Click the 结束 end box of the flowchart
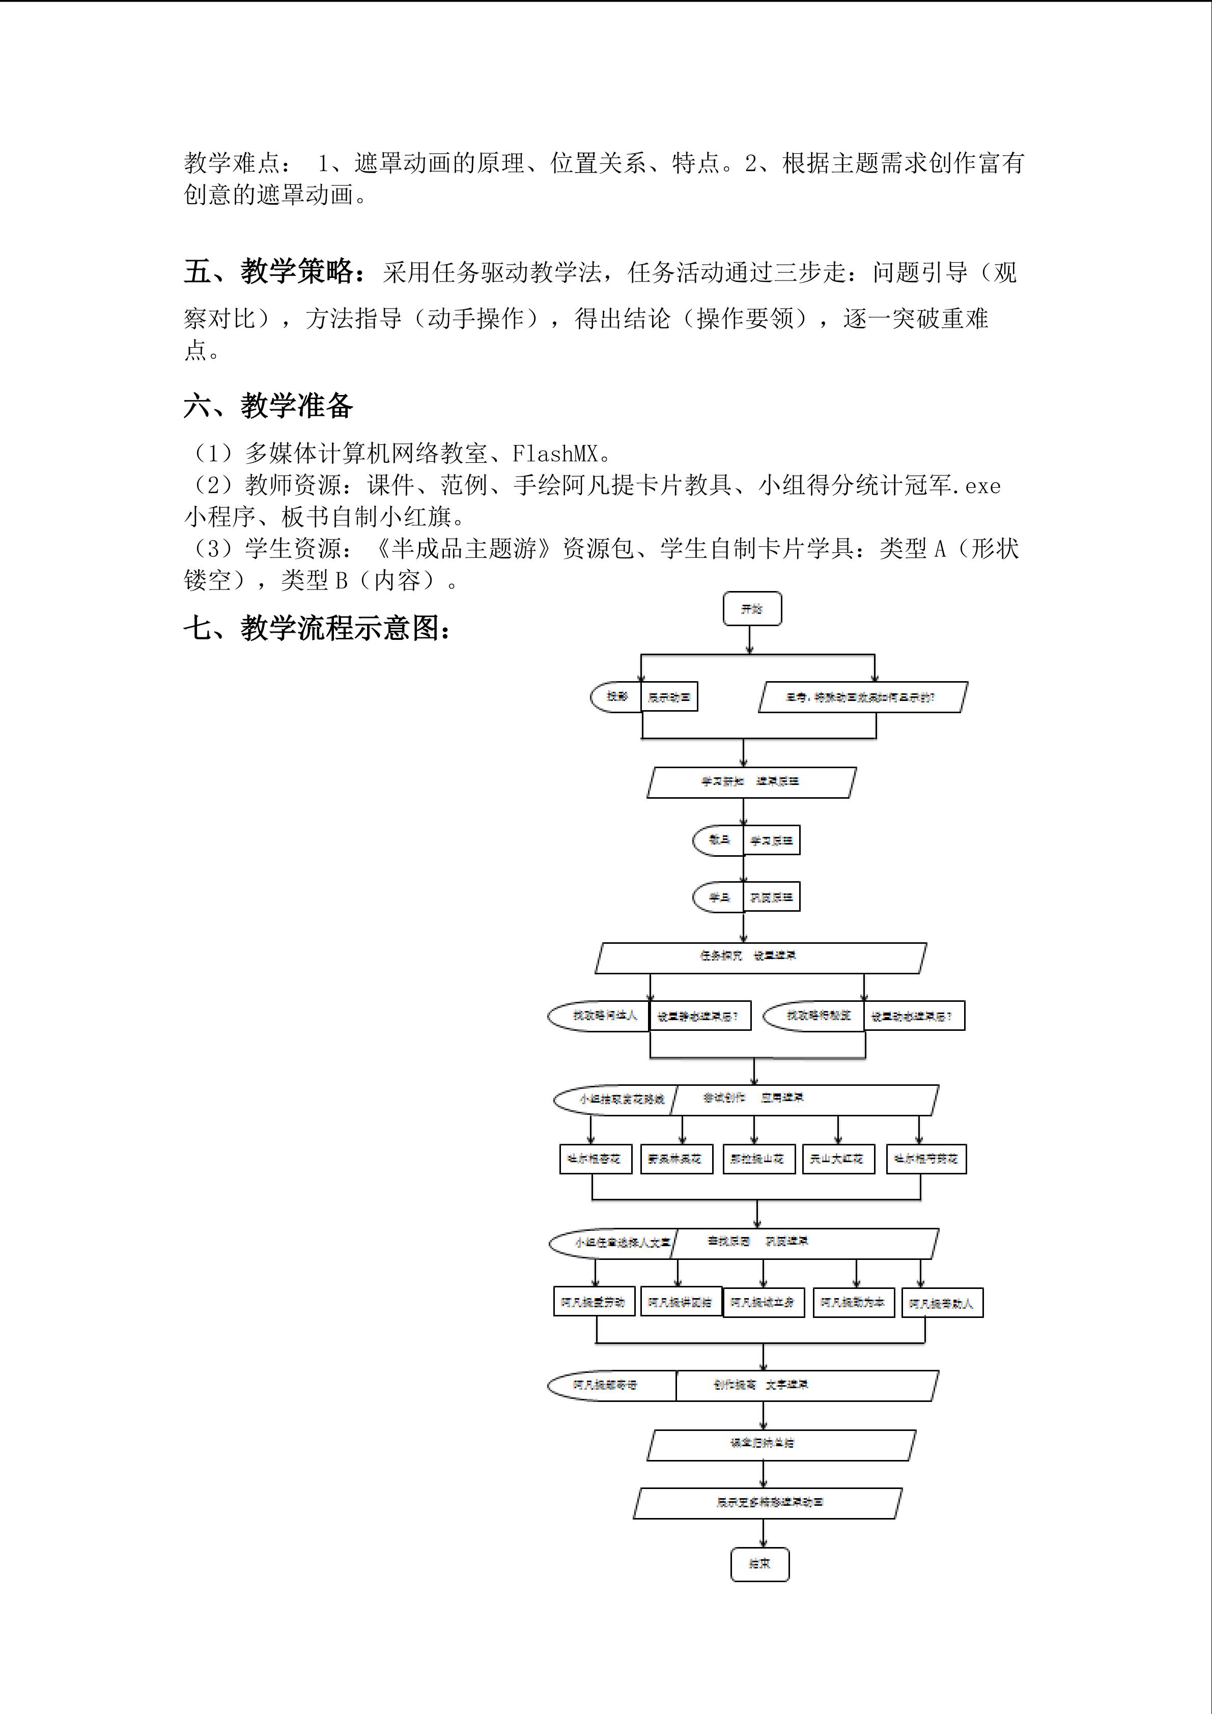pyautogui.click(x=759, y=1563)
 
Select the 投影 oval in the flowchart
pyautogui.click(x=616, y=696)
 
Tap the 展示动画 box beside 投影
pyautogui.click(x=669, y=697)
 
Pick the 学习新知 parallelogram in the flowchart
pyautogui.click(x=751, y=781)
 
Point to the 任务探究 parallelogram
pyautogui.click(x=760, y=958)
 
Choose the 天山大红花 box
pyautogui.click(x=838, y=1159)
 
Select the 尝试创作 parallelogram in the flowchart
pyautogui.click(x=804, y=1099)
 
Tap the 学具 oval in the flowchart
pyautogui.click(x=718, y=897)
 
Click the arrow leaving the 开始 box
pyautogui.click(x=750, y=640)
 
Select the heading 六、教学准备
pyautogui.click(x=268, y=406)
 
